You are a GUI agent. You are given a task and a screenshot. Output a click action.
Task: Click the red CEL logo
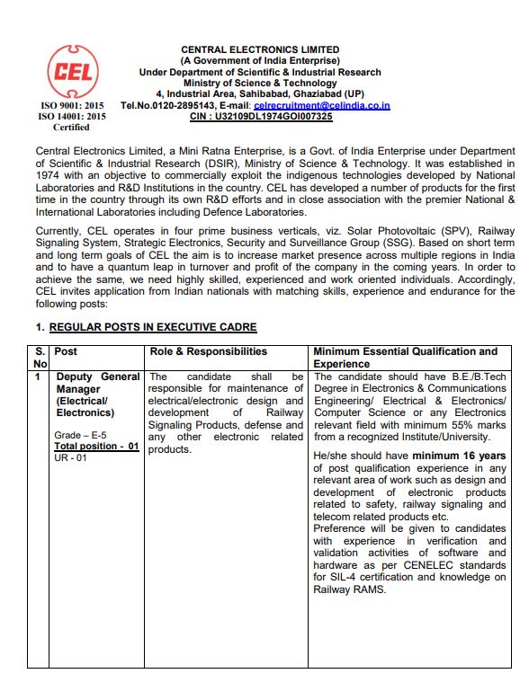coord(70,71)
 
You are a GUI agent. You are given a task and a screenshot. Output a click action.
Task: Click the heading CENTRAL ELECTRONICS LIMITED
coord(260,49)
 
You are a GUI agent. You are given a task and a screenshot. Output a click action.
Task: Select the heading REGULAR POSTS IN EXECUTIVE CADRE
coord(152,327)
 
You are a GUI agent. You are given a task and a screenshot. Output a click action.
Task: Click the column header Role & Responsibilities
coord(209,351)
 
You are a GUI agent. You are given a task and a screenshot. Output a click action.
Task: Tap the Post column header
coord(67,351)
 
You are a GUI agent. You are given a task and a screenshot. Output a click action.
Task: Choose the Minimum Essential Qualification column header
coord(405,351)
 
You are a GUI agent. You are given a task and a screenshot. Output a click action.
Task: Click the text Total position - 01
coord(96,446)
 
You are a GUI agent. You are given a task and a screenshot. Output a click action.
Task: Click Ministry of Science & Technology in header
coord(260,83)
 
